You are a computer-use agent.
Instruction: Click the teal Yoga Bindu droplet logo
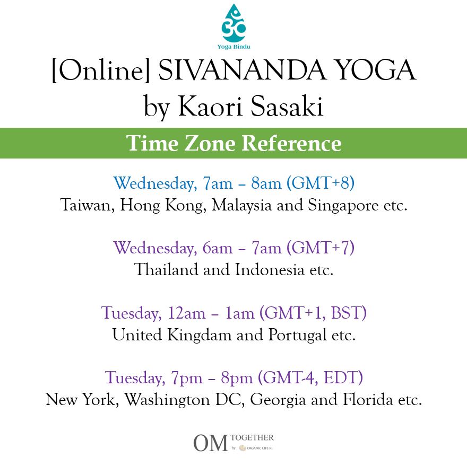[233, 23]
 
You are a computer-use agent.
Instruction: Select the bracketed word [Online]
[100, 72]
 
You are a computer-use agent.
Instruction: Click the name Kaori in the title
[210, 106]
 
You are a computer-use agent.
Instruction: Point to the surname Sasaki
[287, 106]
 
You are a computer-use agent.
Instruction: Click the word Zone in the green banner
[210, 144]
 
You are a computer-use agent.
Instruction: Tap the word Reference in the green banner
[291, 144]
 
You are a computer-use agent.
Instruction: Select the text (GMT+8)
[321, 183]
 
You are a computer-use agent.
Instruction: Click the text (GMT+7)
[321, 248]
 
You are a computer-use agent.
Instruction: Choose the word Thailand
[167, 270]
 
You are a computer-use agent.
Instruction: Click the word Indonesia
[270, 270]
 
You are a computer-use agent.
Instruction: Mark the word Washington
[167, 400]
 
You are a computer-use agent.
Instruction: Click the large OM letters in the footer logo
[211, 443]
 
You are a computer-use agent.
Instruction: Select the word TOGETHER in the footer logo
[252, 437]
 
